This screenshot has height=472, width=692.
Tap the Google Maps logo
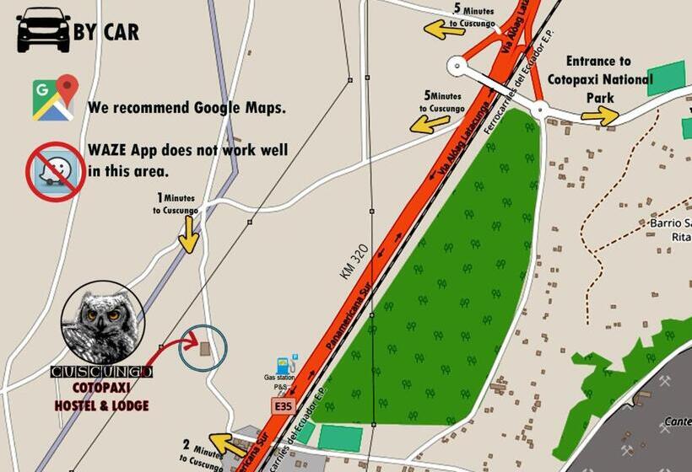click(55, 98)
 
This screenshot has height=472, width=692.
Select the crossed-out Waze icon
click(56, 171)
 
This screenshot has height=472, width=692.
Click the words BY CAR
click(105, 32)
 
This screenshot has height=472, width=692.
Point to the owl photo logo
click(103, 324)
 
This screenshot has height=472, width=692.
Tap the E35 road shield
click(283, 406)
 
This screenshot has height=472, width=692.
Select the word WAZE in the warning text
click(111, 152)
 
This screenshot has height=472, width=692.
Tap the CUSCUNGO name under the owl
click(101, 372)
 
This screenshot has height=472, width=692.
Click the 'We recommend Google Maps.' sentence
click(186, 108)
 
